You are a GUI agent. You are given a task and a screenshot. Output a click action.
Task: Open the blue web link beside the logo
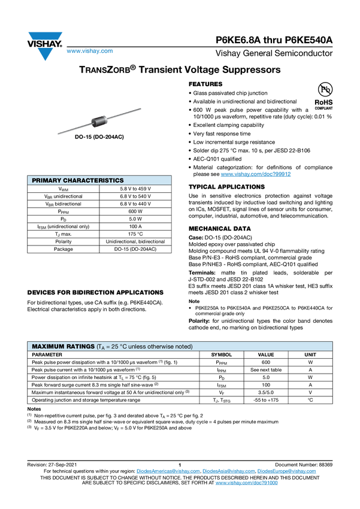(x=89, y=51)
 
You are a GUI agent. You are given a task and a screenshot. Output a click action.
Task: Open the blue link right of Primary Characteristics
(x=256, y=174)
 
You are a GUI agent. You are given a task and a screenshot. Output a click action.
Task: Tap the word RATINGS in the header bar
(x=80, y=347)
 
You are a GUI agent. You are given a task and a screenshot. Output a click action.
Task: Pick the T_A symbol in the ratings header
(x=102, y=347)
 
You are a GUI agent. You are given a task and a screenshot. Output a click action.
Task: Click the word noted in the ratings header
(x=184, y=347)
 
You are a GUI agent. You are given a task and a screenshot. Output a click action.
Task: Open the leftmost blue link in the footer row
(x=168, y=471)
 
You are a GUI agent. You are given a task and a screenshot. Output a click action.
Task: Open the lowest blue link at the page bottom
(x=247, y=482)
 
